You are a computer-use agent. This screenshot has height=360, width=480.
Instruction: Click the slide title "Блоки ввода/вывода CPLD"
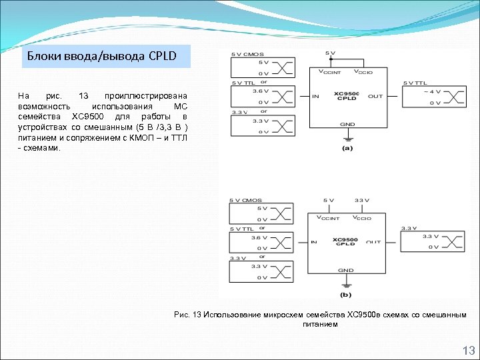pos(101,56)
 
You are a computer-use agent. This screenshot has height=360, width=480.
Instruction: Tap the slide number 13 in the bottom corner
pos(468,351)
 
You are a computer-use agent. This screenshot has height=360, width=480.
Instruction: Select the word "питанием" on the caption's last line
pos(320,324)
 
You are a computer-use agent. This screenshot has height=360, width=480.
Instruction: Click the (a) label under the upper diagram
pos(347,148)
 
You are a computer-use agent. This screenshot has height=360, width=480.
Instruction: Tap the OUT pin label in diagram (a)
pos(375,97)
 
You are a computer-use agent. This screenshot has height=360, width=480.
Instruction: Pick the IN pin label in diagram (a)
pos(315,97)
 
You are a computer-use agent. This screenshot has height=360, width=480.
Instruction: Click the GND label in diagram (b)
pos(345,270)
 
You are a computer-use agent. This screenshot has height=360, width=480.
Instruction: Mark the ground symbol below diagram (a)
pos(347,138)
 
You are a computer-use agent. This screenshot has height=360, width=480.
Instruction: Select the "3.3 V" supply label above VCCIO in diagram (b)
pos(362,200)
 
